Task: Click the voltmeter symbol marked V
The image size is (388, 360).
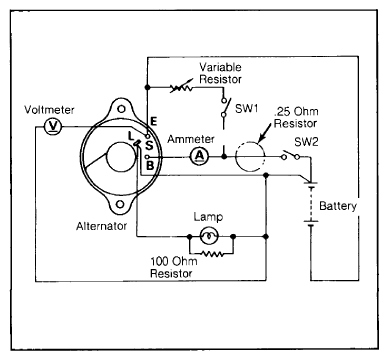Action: tap(53, 126)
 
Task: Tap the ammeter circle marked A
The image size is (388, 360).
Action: tap(199, 156)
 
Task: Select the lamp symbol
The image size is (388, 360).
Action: tap(209, 236)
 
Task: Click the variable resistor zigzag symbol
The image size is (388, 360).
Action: tap(182, 87)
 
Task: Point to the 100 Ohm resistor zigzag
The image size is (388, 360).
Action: tap(212, 254)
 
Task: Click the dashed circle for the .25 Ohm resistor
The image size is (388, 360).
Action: tap(250, 156)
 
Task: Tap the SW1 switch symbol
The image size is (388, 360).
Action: tap(225, 107)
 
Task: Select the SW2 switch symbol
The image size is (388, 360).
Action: tap(290, 156)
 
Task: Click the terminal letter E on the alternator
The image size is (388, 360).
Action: tap(153, 121)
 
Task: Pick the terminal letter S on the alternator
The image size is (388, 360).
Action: tap(149, 146)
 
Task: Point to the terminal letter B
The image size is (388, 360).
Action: tap(150, 165)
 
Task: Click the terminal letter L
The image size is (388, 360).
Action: tap(131, 136)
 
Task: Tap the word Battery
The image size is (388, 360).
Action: tap(338, 206)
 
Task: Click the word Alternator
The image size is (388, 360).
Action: tap(101, 226)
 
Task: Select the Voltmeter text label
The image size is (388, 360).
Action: tap(49, 110)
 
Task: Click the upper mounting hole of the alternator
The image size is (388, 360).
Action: tap(121, 109)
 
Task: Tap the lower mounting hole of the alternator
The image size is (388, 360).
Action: tap(119, 204)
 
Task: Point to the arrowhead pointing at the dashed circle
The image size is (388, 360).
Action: tap(262, 136)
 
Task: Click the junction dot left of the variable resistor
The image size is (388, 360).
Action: tap(147, 87)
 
